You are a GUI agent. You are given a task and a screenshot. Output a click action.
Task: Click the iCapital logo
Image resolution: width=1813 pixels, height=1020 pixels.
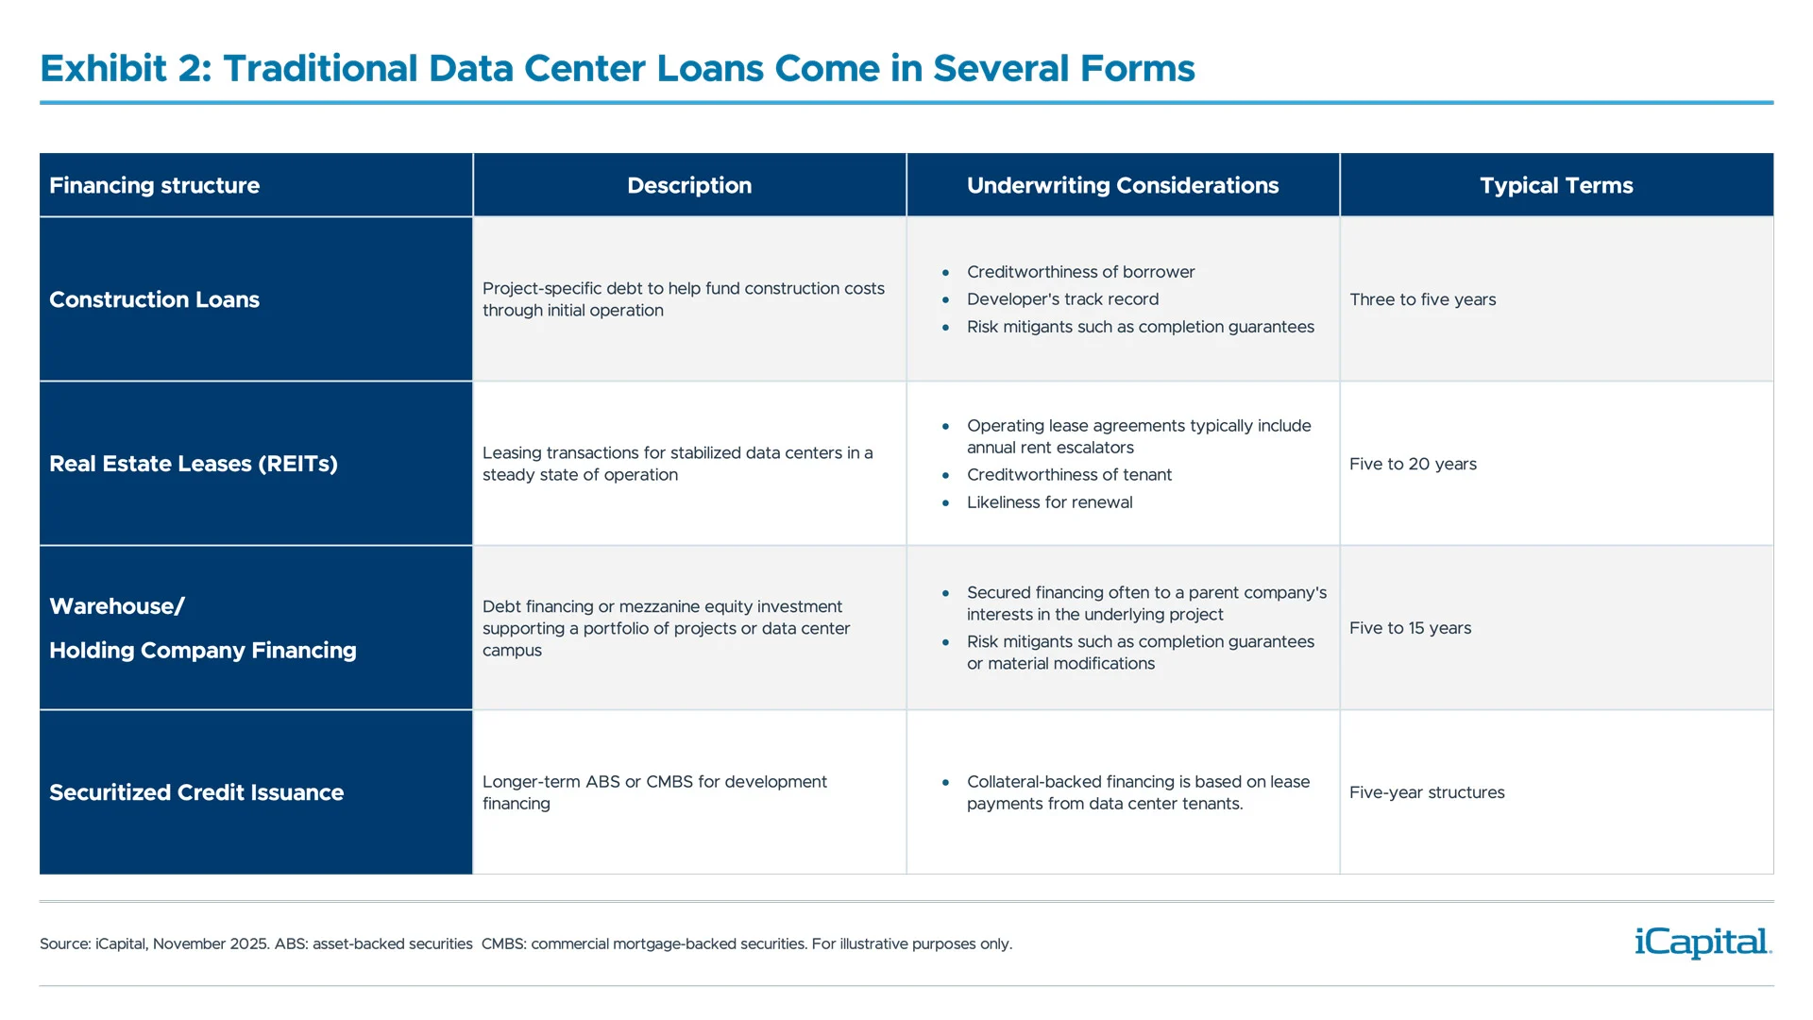1703,943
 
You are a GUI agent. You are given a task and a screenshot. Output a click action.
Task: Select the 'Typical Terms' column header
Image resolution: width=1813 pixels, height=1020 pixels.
1556,185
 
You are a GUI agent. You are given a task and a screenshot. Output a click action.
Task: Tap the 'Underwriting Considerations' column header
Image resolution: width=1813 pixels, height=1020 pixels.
1122,185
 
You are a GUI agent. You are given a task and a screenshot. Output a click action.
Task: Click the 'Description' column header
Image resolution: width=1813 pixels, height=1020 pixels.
689,185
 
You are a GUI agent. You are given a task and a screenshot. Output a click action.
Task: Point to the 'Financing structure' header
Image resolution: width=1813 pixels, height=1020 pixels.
154,185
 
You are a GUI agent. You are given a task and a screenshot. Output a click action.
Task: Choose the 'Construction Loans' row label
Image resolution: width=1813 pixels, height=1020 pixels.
154,299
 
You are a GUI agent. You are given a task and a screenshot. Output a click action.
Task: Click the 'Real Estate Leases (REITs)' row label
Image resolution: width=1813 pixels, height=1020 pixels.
193,464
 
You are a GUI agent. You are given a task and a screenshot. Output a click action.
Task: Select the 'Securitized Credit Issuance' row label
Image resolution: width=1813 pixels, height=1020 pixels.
196,792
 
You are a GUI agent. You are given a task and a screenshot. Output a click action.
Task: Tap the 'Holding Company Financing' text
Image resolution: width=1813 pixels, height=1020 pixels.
202,650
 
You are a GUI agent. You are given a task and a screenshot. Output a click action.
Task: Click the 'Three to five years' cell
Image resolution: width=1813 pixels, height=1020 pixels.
1422,299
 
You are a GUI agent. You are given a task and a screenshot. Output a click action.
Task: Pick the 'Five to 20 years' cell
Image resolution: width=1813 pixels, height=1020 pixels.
1413,464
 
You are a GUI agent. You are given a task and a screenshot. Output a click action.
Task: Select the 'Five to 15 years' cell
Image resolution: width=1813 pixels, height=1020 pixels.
1410,628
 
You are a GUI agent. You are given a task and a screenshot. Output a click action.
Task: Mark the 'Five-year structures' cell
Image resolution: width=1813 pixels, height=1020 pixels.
1427,792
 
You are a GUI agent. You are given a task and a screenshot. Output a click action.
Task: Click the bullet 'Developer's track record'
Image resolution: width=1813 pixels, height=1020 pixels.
1062,299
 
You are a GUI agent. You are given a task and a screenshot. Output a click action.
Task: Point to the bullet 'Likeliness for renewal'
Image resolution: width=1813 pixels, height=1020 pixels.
1049,502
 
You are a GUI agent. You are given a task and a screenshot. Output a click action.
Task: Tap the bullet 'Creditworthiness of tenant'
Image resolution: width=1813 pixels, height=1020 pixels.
1069,475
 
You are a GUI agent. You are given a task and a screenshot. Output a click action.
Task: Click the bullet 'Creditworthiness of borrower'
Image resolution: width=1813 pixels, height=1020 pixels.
1080,272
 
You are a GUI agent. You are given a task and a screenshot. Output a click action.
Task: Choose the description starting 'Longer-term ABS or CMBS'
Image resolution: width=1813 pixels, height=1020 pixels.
653,792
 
